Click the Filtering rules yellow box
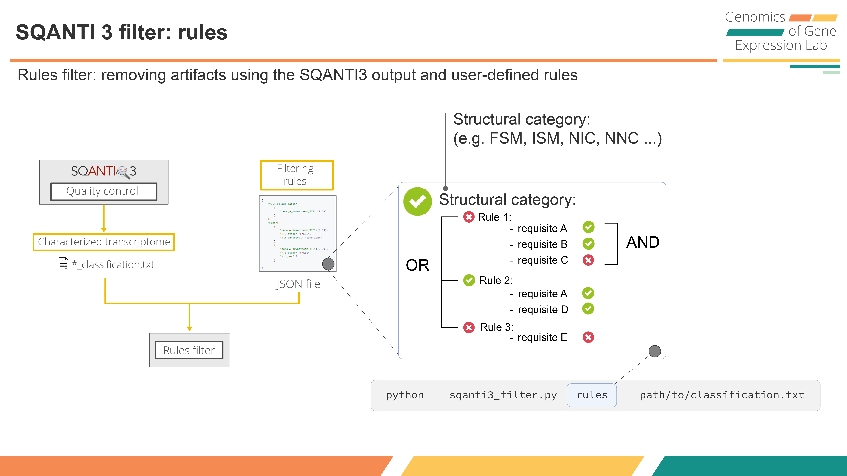297,175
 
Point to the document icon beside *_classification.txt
63,264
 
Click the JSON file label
298,284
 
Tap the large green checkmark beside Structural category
417,201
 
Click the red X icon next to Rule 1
468,217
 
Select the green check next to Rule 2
469,280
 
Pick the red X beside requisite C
588,260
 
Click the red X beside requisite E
588,337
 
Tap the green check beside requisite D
588,309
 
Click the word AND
643,242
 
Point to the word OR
418,265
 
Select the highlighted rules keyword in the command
592,395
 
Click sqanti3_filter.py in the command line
503,395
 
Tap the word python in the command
405,395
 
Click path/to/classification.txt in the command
722,395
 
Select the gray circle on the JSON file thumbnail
328,264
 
